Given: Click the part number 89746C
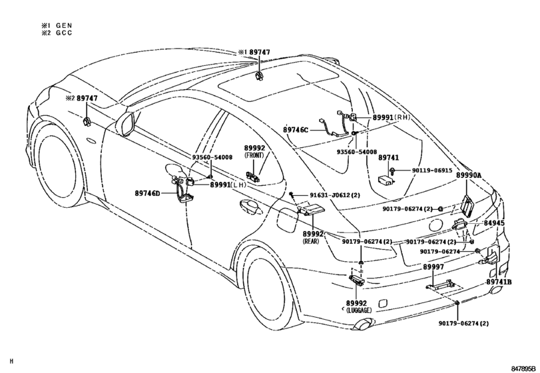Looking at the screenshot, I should [296, 129].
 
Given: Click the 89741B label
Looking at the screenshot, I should [498, 282].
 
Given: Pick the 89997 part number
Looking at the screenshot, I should [433, 266].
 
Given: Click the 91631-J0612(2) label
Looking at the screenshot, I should [327, 195].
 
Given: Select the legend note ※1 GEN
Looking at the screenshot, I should [56, 25].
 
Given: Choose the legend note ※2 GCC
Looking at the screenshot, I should [56, 33].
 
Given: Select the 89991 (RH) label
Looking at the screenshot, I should [394, 117].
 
